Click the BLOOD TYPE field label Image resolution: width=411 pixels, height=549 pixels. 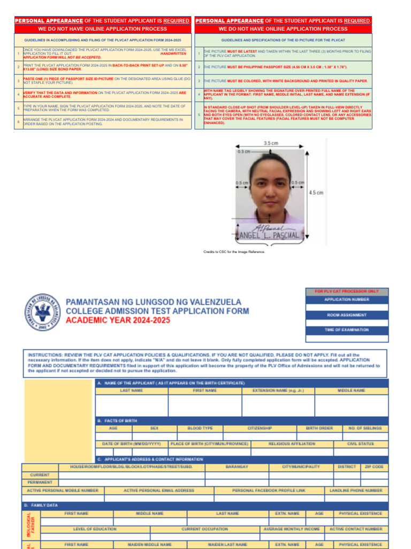point(200,428)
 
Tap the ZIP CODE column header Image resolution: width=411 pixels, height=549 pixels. point(374,467)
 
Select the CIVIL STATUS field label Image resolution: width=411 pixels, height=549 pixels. point(360,444)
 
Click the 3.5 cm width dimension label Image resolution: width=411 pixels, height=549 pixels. point(271,144)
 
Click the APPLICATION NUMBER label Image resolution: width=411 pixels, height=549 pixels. point(347,300)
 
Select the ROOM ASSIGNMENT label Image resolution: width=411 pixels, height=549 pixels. point(347,315)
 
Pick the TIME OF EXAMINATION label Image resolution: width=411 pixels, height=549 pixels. point(347,330)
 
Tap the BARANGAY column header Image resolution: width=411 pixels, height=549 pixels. point(237,467)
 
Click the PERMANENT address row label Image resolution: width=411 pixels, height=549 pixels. point(40,483)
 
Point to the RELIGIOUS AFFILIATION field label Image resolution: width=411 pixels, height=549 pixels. point(292,444)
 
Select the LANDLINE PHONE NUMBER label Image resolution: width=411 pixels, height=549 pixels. point(356,490)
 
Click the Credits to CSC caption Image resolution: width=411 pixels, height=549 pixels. point(234,251)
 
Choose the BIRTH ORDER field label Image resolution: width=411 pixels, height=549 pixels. point(319,428)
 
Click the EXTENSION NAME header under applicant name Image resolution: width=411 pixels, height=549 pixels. point(278,391)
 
